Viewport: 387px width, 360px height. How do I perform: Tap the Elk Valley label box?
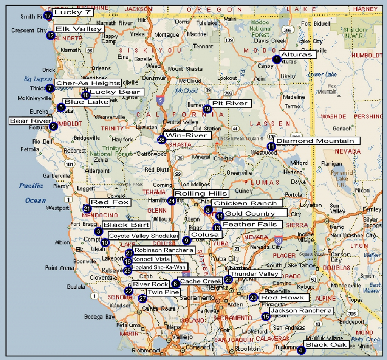[x=79, y=29]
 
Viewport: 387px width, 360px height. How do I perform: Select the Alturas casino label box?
[x=297, y=54]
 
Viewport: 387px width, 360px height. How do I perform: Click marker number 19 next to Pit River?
[x=207, y=109]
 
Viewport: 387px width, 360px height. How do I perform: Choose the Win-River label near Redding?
[x=187, y=135]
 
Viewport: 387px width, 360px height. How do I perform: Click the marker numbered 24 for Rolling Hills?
[x=172, y=201]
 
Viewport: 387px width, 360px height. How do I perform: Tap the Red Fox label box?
[x=110, y=203]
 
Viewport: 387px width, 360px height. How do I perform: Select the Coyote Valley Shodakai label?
[x=143, y=236]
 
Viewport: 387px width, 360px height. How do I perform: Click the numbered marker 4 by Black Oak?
[x=300, y=351]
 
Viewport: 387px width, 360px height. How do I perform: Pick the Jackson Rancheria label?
[x=302, y=311]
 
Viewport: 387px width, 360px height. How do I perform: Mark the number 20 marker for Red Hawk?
[x=253, y=298]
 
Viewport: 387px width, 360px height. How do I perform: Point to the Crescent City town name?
[x=29, y=30]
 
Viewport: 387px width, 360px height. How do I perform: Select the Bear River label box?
[x=30, y=121]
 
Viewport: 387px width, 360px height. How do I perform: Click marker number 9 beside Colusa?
[x=186, y=240]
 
